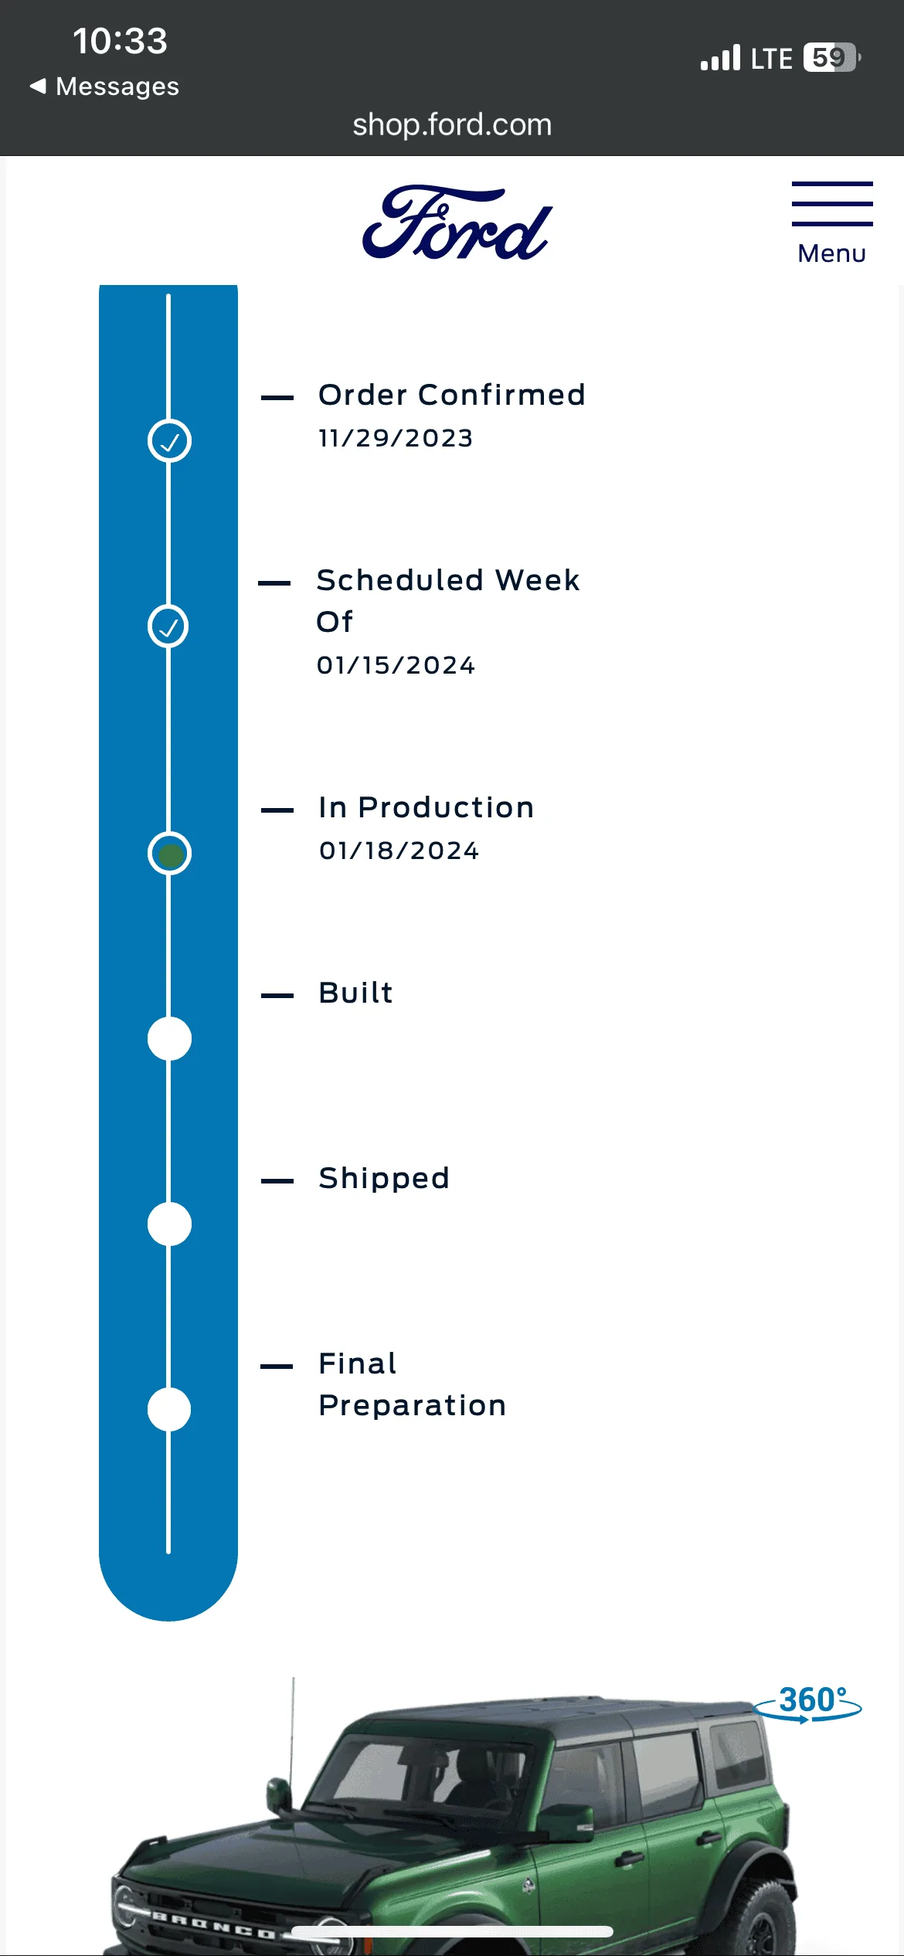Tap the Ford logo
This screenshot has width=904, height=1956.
[x=457, y=222]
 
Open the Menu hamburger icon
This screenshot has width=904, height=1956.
[x=832, y=204]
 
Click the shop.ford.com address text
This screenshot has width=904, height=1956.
[x=452, y=125]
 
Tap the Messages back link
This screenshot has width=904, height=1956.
[x=104, y=87]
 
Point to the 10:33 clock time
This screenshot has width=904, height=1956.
[x=120, y=41]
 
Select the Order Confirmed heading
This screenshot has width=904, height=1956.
[x=452, y=395]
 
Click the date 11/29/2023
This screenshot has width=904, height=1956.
[x=396, y=438]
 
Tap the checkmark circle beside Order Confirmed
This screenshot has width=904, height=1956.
[x=169, y=441]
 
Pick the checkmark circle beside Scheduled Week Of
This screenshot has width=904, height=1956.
[x=168, y=627]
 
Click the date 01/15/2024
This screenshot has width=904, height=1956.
[x=396, y=665]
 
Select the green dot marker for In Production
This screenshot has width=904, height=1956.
[x=169, y=854]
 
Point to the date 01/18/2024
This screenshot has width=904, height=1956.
[x=399, y=851]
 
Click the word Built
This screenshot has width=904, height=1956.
[x=355, y=993]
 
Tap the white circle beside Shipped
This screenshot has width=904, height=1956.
[x=169, y=1224]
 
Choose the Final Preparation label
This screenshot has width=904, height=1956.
[x=412, y=1384]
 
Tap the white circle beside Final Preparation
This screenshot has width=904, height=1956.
[x=169, y=1410]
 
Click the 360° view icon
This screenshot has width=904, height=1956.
[x=808, y=1703]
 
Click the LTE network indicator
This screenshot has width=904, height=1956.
[x=771, y=59]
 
